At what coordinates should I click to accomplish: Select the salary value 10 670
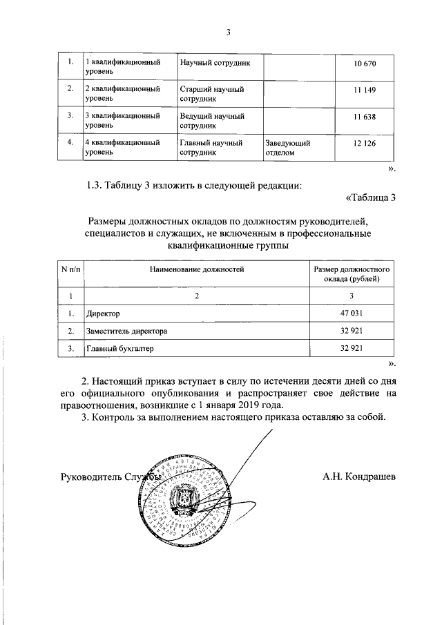coord(364,64)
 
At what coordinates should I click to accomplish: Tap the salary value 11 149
coord(364,90)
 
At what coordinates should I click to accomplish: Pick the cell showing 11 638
coord(364,117)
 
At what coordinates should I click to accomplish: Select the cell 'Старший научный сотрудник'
coord(212,95)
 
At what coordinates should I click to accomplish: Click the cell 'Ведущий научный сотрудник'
coord(212,121)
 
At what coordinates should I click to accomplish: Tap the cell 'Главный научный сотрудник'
coord(211,147)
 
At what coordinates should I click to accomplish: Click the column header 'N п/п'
coord(69,269)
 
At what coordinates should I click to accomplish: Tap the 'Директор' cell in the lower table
coord(103,314)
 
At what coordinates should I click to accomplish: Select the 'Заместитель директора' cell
coord(126,331)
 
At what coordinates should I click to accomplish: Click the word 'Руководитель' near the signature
coord(88,477)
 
